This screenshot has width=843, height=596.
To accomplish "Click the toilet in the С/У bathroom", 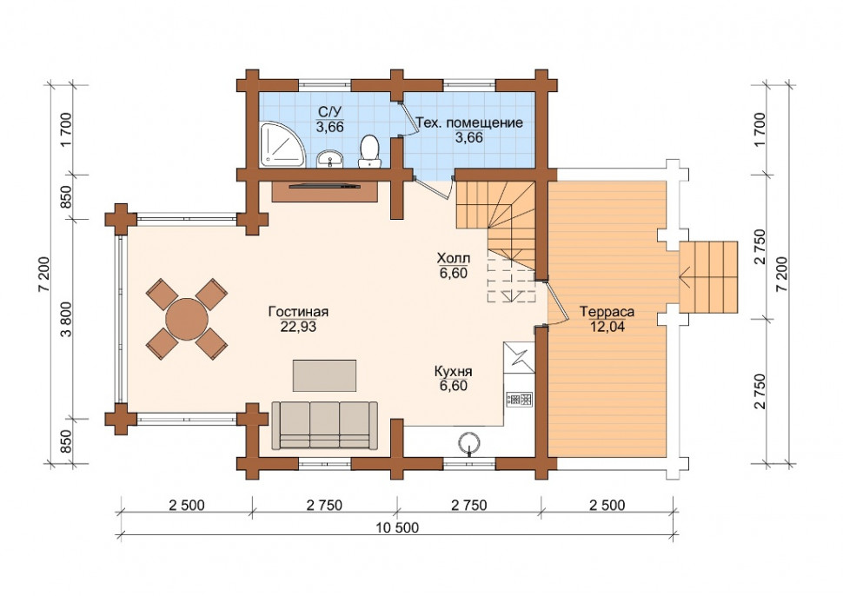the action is coord(369,151).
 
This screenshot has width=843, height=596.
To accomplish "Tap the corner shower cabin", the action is coord(282,144).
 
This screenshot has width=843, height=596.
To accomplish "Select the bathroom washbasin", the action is coord(329,159).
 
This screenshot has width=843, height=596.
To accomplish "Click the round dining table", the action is coord(187,319).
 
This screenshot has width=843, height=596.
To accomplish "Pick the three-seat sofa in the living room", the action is coord(324,425).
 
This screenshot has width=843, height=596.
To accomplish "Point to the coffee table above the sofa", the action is coord(324,375).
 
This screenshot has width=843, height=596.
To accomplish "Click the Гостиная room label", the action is coord(298,312).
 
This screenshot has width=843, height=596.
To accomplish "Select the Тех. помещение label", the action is coord(469,123).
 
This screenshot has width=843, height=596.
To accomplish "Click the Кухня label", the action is coord(453,371).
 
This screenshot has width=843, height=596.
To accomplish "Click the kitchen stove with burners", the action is coord(519,399).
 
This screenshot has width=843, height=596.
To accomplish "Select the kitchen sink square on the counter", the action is coord(519,357).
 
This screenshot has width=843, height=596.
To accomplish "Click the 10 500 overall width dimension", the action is coord(397,527).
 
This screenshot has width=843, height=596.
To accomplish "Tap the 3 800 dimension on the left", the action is coord(67,319).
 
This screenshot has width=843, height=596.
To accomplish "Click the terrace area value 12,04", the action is coord(607,326).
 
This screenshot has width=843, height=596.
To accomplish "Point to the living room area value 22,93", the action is coord(298,326).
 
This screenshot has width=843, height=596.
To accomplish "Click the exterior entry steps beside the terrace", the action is coord(708,277).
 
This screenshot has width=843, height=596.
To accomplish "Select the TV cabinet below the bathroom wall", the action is coord(324,191).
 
